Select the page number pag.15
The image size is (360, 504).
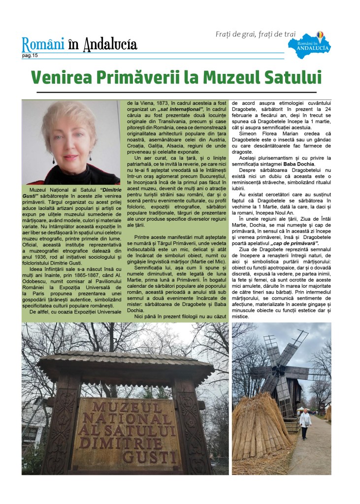coord(30,56)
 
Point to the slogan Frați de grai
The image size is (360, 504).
coord(236,34)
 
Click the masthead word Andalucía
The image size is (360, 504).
coord(110,45)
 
